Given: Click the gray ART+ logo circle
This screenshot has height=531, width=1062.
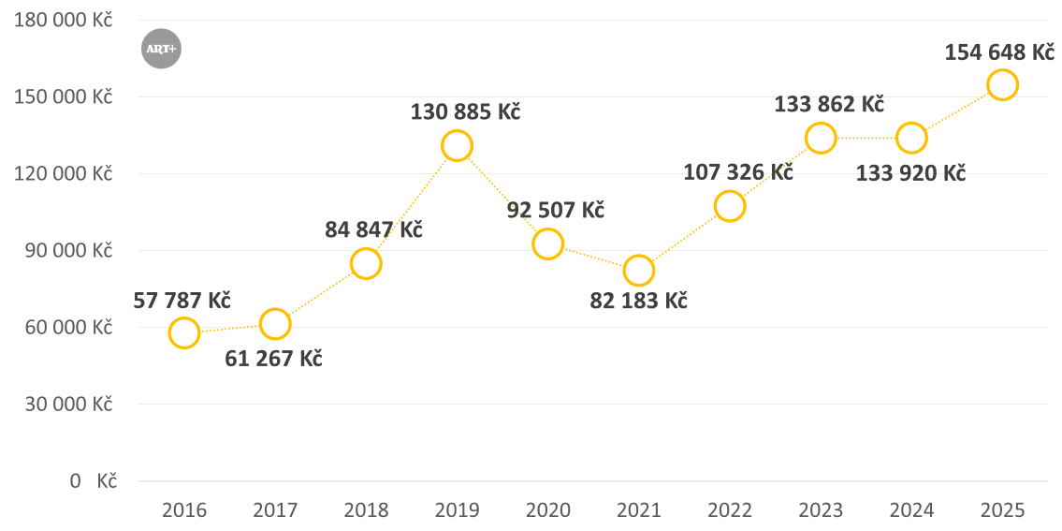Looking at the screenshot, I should pyautogui.click(x=161, y=49).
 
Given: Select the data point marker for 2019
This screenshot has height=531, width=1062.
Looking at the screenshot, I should pyautogui.click(x=457, y=145).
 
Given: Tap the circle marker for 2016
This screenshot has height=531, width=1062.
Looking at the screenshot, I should pyautogui.click(x=184, y=332).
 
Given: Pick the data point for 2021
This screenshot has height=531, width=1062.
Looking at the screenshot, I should pyautogui.click(x=639, y=271).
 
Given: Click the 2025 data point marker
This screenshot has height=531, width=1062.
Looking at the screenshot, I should pyautogui.click(x=1002, y=84).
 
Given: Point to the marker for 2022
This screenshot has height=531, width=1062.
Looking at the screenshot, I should pyautogui.click(x=730, y=206).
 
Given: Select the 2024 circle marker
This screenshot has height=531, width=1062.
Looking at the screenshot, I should pyautogui.click(x=911, y=138).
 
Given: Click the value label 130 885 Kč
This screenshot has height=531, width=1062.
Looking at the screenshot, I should pyautogui.click(x=465, y=111).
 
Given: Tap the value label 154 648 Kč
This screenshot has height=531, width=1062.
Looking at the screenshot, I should pyautogui.click(x=999, y=52).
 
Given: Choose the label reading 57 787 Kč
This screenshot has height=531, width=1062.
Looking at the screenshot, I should pyautogui.click(x=182, y=301).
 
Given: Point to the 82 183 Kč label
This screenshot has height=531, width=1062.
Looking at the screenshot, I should pyautogui.click(x=639, y=302).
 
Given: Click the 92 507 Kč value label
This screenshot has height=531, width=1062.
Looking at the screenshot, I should pyautogui.click(x=556, y=210).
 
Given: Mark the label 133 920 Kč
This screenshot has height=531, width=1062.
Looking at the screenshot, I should pyautogui.click(x=910, y=172).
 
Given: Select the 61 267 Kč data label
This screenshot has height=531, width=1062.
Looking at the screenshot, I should pyautogui.click(x=273, y=359).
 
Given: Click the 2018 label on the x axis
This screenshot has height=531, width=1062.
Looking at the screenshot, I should pyautogui.click(x=366, y=510).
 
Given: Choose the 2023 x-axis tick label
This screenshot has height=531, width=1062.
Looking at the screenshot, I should pyautogui.click(x=821, y=510).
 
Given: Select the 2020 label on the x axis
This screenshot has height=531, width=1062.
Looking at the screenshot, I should pyautogui.click(x=548, y=510).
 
